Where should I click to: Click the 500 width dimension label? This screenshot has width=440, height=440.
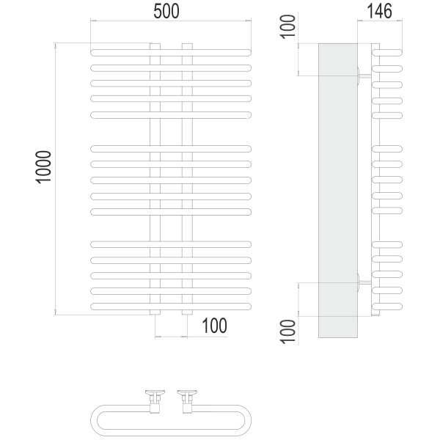[x=166, y=12]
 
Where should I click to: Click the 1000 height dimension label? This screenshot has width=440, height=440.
[x=43, y=167]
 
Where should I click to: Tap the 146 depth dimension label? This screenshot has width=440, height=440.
[x=379, y=12]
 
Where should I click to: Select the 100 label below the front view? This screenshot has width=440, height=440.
[x=214, y=326]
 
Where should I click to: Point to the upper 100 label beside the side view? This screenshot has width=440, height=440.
[x=288, y=26]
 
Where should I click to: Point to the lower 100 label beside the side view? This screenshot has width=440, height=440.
[x=288, y=331]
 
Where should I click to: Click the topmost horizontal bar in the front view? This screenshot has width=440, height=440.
[x=171, y=53]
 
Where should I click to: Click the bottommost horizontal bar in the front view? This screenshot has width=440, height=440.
[x=171, y=307]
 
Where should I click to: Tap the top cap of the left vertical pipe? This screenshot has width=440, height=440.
[x=155, y=46]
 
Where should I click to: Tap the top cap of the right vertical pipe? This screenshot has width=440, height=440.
[x=187, y=46]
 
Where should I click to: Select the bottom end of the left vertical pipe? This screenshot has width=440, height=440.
[x=155, y=312]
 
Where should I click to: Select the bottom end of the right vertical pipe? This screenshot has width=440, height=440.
[x=187, y=312]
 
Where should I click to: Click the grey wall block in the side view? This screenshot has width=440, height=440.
[x=338, y=191]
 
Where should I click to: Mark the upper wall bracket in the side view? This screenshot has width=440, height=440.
[x=364, y=76]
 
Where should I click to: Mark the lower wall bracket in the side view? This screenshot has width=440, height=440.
[x=364, y=283]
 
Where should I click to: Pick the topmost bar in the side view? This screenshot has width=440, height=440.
[x=387, y=53]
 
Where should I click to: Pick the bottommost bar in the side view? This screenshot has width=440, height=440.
[x=387, y=307]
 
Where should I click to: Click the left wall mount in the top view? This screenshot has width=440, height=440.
[x=155, y=401]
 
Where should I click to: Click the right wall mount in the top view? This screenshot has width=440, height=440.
[x=187, y=401]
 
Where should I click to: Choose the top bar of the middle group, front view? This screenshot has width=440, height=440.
[x=171, y=149]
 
